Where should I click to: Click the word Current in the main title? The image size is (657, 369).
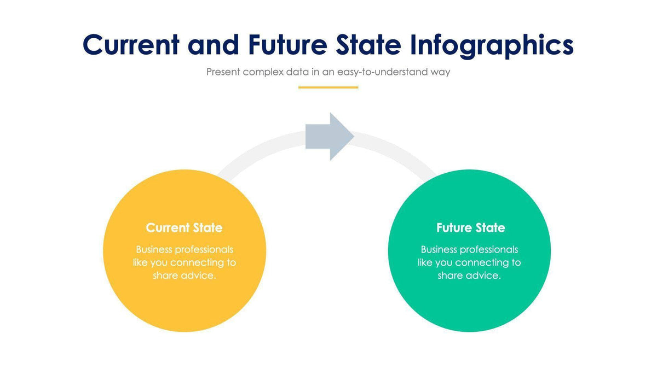pos(131,45)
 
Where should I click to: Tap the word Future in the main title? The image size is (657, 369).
pos(288,45)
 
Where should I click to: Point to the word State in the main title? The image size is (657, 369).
pos(368,45)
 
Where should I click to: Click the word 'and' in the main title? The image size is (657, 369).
pos(213,45)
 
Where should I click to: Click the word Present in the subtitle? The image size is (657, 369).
pos(223,72)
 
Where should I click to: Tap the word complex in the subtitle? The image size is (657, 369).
pos(263,72)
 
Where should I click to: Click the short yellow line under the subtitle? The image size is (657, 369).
pos(328,87)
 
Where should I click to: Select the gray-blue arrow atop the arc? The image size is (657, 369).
pos(330,137)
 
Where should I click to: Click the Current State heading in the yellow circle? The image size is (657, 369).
pos(184,228)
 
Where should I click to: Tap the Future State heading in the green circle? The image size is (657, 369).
pos(471,228)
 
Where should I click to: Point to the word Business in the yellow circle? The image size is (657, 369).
pos(154,249)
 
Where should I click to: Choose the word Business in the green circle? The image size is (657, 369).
pos(439,249)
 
